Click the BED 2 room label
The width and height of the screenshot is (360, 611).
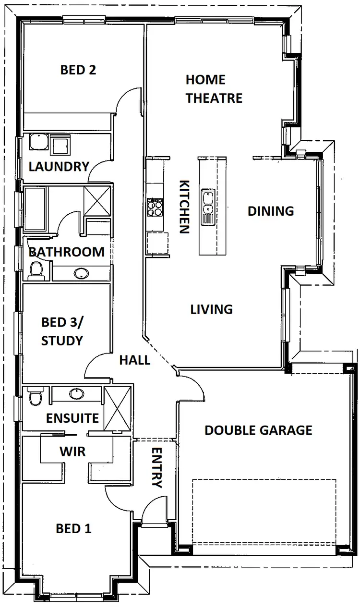[78, 70]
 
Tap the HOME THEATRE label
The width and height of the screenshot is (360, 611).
[214, 89]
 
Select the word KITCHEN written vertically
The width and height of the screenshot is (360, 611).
[184, 207]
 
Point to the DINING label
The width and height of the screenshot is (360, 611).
[271, 211]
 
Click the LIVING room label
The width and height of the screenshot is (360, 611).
[212, 309]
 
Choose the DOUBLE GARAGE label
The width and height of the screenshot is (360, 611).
[258, 430]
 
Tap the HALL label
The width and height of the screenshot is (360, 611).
[134, 359]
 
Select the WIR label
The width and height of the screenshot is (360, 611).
[72, 452]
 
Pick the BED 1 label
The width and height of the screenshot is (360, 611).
[73, 529]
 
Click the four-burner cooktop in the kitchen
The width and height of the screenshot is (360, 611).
[155, 208]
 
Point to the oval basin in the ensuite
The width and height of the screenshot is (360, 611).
[76, 394]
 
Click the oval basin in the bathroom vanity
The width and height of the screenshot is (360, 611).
[81, 273]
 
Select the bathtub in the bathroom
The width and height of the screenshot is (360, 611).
[35, 208]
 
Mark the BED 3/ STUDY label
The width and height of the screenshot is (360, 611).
[62, 331]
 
